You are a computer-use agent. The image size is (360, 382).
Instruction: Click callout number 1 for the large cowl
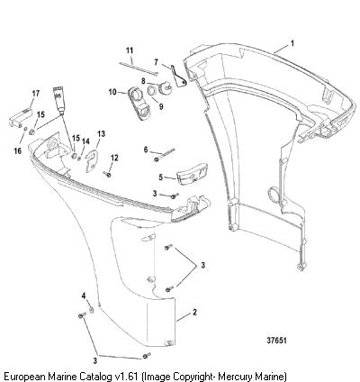pyautogui.click(x=292, y=43)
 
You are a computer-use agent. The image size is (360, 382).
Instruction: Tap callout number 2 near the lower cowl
pyautogui.click(x=194, y=312)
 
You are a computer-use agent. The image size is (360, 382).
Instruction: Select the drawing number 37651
pyautogui.click(x=276, y=341)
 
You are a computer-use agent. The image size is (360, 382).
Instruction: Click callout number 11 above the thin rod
pyautogui.click(x=130, y=50)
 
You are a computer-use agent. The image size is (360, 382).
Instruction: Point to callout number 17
pyautogui.click(x=36, y=94)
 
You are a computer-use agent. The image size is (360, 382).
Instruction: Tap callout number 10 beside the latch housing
pyautogui.click(x=112, y=92)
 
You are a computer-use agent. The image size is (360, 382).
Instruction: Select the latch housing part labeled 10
pyautogui.click(x=138, y=103)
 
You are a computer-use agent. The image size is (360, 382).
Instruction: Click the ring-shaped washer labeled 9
pyautogui.click(x=151, y=90)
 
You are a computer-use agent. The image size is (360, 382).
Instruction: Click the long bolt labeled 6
pyautogui.click(x=164, y=154)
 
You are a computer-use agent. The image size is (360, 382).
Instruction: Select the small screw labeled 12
pyautogui.click(x=107, y=173)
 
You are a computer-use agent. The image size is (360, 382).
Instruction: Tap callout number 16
pyautogui.click(x=18, y=150)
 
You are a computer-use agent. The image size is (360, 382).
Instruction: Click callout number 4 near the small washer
pyautogui.click(x=85, y=296)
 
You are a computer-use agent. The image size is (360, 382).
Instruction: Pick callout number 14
pyautogui.click(x=85, y=141)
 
